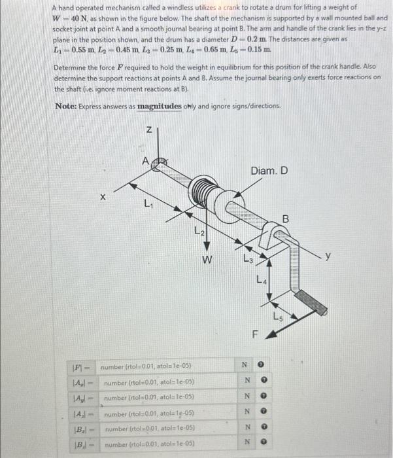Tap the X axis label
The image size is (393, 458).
click(102, 196)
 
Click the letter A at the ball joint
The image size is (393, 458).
click(145, 160)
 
